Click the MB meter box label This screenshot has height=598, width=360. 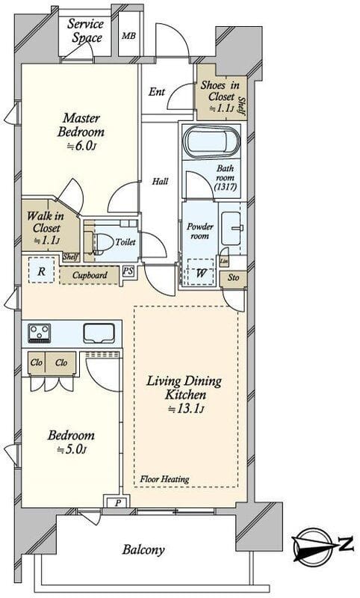point(128,36)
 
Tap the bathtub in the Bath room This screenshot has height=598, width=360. point(212,142)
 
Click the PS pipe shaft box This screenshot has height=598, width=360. point(128,271)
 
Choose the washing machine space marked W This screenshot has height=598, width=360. point(201,272)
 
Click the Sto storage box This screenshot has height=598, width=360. point(233,278)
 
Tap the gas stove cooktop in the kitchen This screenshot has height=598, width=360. point(40,333)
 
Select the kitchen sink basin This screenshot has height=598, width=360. point(99,333)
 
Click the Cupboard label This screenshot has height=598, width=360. point(90,275)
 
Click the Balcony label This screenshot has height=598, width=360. point(143,549)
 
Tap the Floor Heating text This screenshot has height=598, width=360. point(164,478)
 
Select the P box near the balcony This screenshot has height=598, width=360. point(118,502)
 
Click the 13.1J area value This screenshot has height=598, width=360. point(187,409)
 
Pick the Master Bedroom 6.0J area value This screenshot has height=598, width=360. point(81,147)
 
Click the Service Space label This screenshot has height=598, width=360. point(86,31)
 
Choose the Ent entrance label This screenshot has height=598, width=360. point(157,91)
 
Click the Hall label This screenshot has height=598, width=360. point(160,181)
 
